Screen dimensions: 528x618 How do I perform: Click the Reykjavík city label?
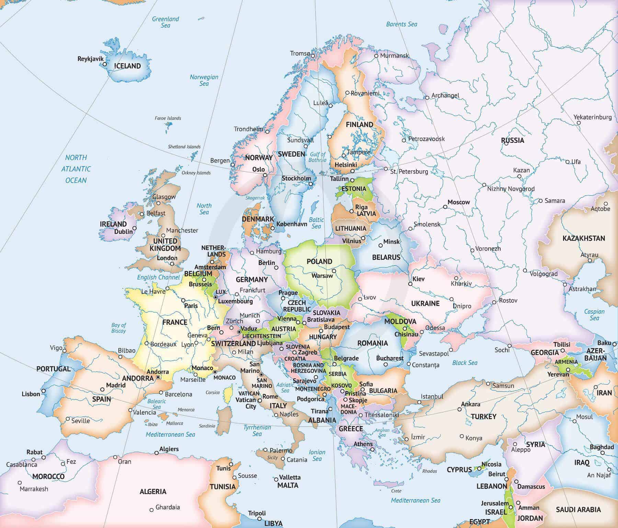click(x=90, y=59)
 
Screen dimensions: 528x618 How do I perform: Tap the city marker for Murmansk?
click(x=376, y=56)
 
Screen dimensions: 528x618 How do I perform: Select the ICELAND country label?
click(x=127, y=66)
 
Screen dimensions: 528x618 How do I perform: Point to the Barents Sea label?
click(x=401, y=24)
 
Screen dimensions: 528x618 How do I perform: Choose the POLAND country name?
click(x=319, y=262)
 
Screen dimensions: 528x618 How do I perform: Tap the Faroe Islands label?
click(x=168, y=118)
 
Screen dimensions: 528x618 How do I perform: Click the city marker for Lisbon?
click(x=43, y=391)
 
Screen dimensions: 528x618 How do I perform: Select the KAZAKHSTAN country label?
click(x=584, y=238)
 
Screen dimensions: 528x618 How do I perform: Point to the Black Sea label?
click(x=465, y=363)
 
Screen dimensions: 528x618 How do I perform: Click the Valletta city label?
click(x=289, y=477)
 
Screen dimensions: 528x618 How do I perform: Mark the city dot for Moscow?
click(x=445, y=207)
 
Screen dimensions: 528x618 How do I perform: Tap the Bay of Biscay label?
click(x=118, y=328)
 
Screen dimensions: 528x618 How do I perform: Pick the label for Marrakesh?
click(x=34, y=489)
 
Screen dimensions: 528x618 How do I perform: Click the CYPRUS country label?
click(x=459, y=470)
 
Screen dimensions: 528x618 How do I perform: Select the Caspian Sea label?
click(x=594, y=314)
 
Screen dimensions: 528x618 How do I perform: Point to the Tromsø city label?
click(x=300, y=53)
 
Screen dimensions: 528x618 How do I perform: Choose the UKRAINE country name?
click(x=425, y=303)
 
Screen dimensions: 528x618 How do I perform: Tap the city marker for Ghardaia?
click(x=151, y=510)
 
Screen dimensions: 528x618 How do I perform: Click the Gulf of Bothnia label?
click(x=317, y=157)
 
